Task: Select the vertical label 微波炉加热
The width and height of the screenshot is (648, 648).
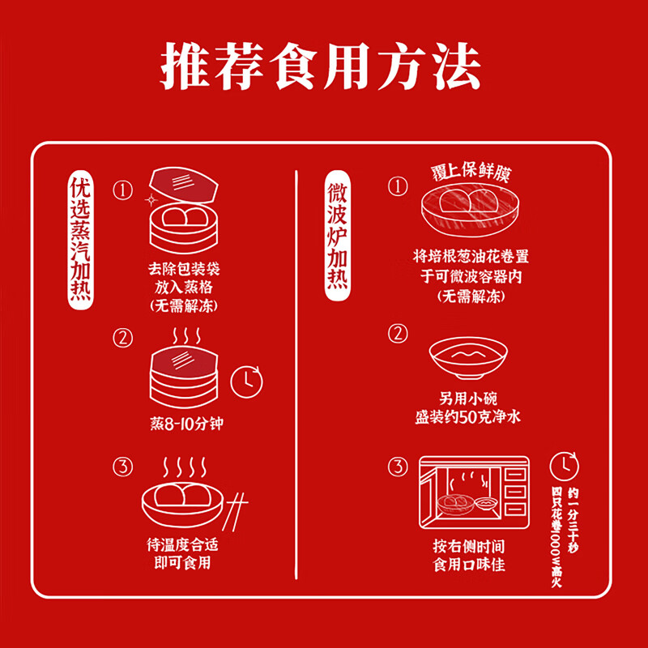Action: point(339,236)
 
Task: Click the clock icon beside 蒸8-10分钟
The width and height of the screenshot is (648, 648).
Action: point(247,382)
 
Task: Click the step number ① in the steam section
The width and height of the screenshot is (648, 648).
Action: point(122,190)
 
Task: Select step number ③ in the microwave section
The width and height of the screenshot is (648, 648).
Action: point(397,467)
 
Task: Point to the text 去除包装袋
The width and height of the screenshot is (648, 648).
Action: point(183,268)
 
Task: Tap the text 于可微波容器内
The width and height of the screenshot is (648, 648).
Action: point(471,276)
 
